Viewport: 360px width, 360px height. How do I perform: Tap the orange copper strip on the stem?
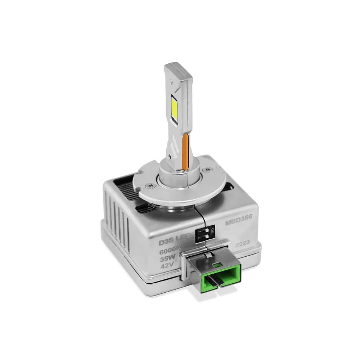pos(186,152)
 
